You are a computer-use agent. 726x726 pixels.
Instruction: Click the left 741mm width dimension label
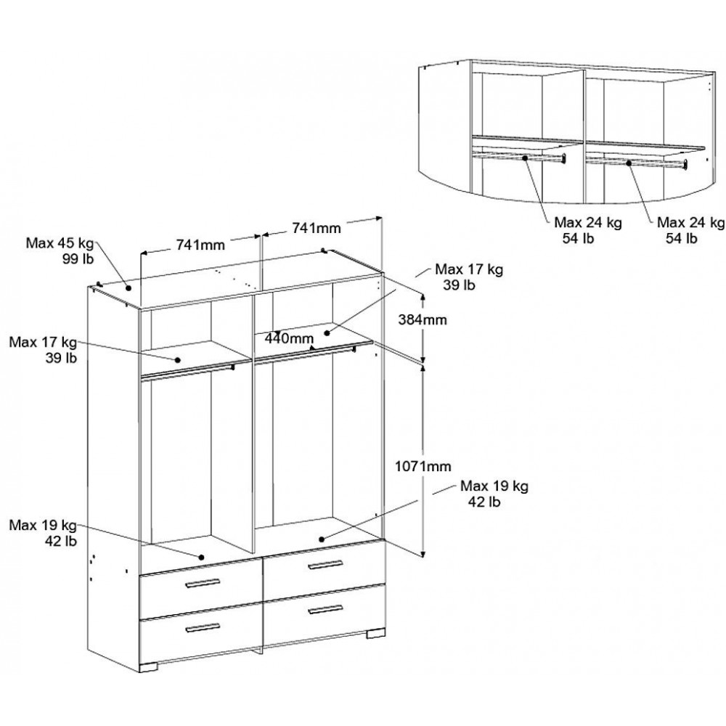point(200,245)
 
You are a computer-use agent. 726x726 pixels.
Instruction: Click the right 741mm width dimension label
point(317,228)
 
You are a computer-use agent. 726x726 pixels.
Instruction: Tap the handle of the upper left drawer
point(203,582)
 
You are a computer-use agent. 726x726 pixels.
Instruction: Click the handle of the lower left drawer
point(203,627)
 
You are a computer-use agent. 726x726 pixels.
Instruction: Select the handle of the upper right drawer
point(324,565)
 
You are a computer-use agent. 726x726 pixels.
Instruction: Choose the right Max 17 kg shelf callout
point(469,277)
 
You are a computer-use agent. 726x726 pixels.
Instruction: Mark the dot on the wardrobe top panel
point(130,287)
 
